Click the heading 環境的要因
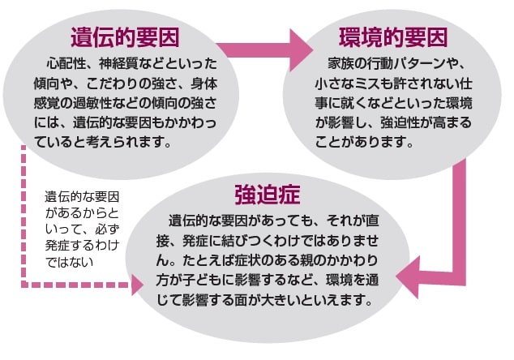point(392,36)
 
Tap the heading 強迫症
point(268,195)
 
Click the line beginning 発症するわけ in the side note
point(80,244)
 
